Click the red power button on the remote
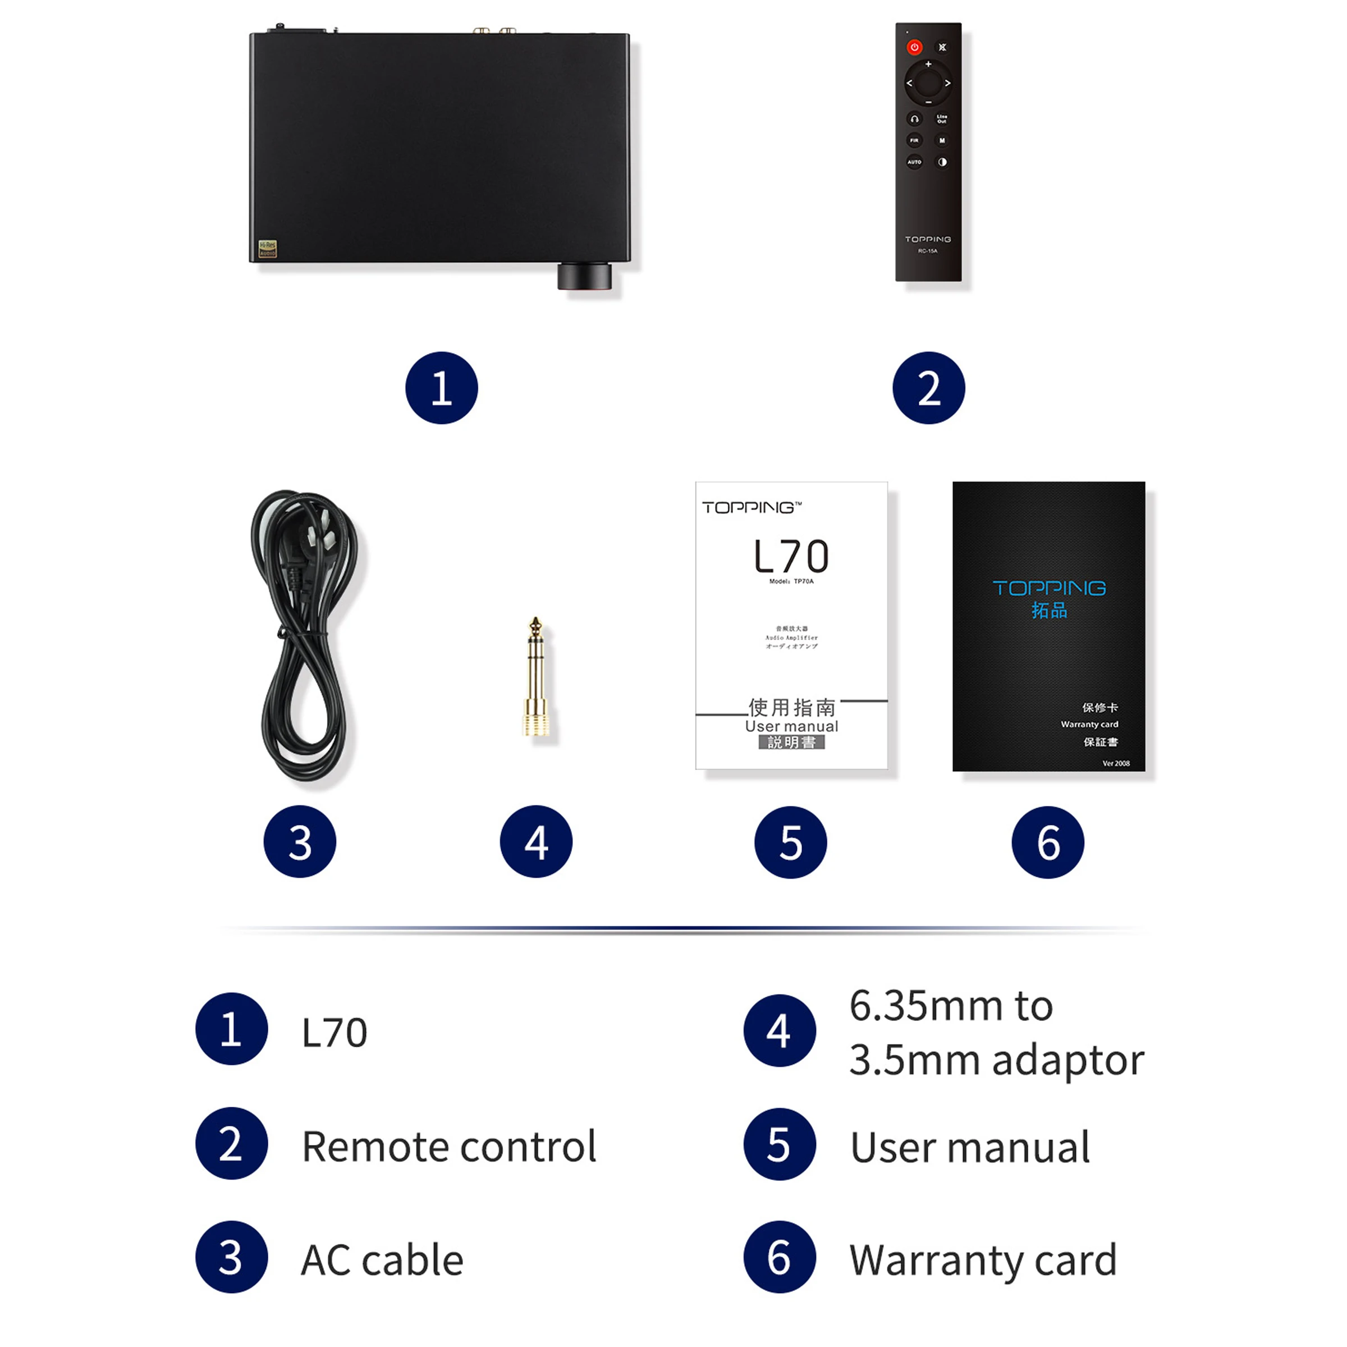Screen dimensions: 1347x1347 pos(914,47)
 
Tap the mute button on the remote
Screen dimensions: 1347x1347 pos(942,47)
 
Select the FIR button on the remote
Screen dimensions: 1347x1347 pos(914,140)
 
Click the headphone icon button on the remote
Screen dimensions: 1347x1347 pos(914,118)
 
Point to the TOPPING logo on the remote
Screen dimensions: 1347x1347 pos(927,239)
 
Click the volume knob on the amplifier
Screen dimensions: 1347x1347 pos(584,276)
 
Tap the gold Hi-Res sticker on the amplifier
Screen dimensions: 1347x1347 pos(268,248)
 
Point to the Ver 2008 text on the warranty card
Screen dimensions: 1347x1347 pos(1116,763)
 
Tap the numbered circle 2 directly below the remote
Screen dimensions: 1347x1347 pos(929,388)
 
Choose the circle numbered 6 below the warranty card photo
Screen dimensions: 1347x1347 pos(1048,842)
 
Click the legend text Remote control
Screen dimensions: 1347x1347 pos(449,1147)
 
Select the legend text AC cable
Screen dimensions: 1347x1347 pos(382,1261)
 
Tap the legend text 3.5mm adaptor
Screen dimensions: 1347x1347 pos(996,1060)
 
